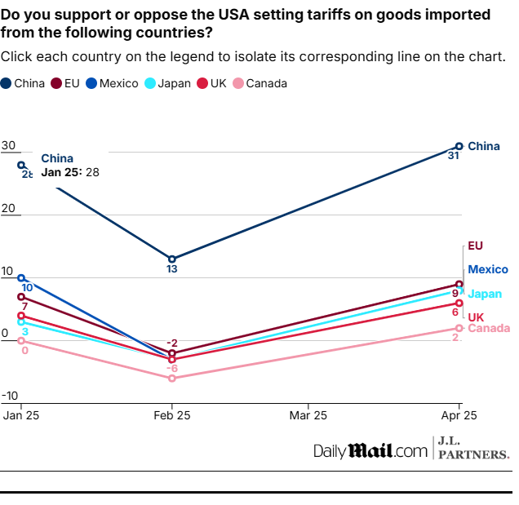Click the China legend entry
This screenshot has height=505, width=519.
[x=24, y=83]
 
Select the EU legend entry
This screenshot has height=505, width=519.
[x=66, y=83]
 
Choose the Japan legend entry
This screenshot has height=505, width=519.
[x=167, y=83]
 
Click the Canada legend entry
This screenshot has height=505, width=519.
[x=260, y=83]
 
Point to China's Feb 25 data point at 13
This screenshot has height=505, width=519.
[x=171, y=259]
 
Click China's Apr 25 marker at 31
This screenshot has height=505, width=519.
[x=459, y=146]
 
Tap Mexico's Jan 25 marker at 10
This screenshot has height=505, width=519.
[x=21, y=278]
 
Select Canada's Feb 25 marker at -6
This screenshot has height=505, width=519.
[x=171, y=378]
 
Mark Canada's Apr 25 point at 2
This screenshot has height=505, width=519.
[x=459, y=328]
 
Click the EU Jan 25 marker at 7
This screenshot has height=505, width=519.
[x=21, y=297]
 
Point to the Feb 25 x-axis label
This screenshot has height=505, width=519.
[x=171, y=415]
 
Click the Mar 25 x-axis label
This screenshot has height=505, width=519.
[x=308, y=415]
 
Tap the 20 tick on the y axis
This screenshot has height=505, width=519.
[x=9, y=209]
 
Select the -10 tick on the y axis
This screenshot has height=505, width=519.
[x=9, y=396]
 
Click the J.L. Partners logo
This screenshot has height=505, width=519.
[x=473, y=448]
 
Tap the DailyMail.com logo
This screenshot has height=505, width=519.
[x=370, y=450]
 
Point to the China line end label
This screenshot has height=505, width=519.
[x=483, y=147]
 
